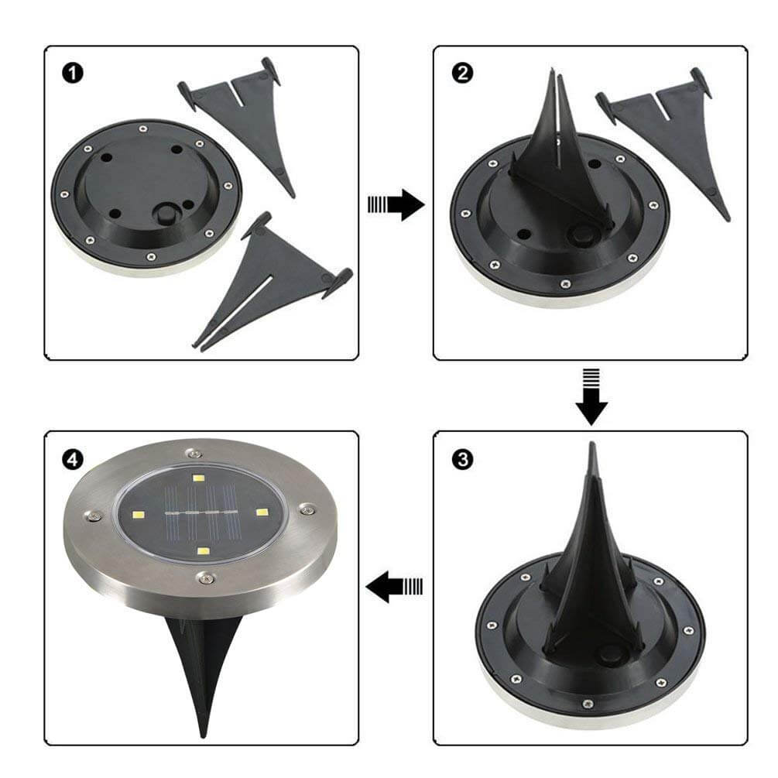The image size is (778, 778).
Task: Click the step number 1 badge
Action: point(73,74)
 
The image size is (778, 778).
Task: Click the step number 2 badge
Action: point(462,73)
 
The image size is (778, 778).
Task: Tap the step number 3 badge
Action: point(462,460)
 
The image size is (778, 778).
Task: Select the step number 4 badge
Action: point(73,460)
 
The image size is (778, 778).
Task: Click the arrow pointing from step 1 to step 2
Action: point(396,204)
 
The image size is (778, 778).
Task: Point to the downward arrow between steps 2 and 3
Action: point(591,397)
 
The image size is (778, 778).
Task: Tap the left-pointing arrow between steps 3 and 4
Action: point(395,587)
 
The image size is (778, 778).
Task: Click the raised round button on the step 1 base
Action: point(164,215)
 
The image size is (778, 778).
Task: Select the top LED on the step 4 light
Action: point(198,478)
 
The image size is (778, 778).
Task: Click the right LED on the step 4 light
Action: point(262,512)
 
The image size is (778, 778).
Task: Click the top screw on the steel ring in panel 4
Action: point(193,453)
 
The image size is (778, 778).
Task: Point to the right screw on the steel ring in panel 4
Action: point(307,509)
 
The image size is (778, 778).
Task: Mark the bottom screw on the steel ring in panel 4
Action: point(205,577)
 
